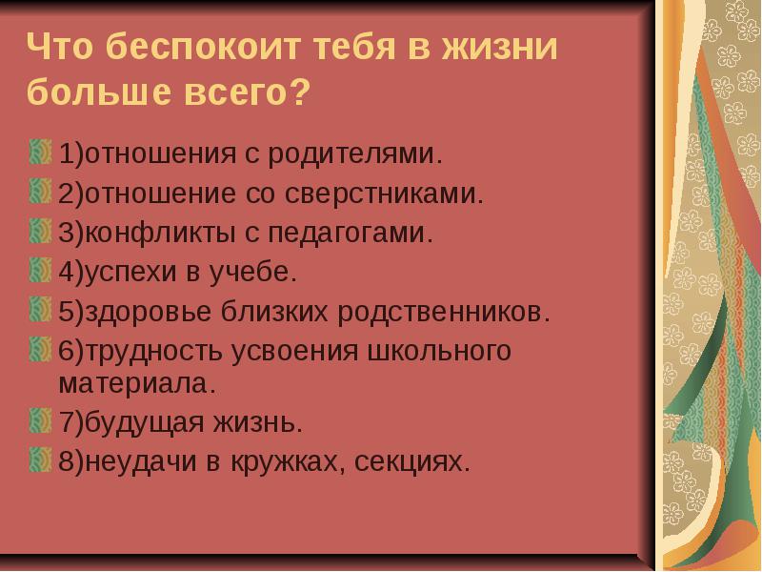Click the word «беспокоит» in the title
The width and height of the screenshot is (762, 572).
coord(203,47)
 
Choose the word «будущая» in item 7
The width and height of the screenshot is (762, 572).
coord(145,422)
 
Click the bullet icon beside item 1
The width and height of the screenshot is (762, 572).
coord(40,152)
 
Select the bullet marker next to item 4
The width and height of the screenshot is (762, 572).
coord(40,270)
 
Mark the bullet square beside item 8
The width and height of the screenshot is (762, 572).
coord(40,460)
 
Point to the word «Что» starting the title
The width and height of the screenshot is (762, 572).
coord(59,47)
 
